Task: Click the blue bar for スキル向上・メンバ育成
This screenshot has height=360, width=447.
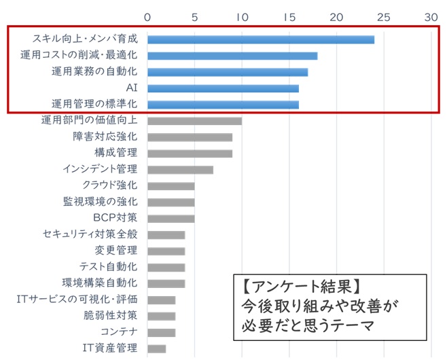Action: (261, 39)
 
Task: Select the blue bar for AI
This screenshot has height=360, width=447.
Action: (223, 88)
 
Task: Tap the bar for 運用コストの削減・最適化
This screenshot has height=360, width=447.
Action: (232, 56)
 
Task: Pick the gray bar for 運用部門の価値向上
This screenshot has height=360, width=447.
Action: (194, 121)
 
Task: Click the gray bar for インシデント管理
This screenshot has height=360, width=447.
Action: (180, 170)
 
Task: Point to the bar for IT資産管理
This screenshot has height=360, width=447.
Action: (156, 348)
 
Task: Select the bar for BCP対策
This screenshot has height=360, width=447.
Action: (171, 219)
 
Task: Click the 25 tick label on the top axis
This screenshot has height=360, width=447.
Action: (383, 15)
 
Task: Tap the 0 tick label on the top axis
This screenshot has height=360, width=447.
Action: (147, 15)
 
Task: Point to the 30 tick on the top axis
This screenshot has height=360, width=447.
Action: (431, 15)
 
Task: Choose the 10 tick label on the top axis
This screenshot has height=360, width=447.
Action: (241, 15)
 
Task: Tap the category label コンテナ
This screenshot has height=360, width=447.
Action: (119, 332)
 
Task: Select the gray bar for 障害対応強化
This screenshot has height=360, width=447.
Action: (190, 137)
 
